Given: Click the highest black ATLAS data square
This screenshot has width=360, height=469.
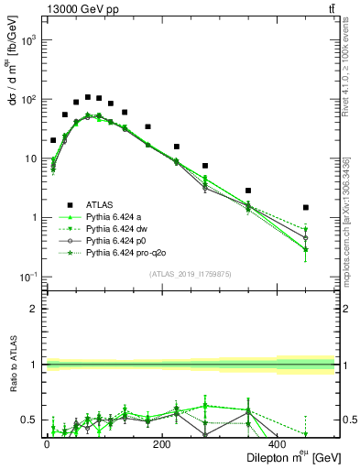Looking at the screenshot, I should [88, 97].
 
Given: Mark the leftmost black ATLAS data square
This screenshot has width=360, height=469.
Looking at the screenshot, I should [53, 140].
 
